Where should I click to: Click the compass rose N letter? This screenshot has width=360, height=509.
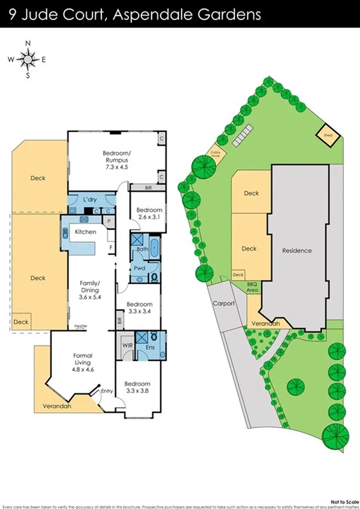click(x=28, y=43)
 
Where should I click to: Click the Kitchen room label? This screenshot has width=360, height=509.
click(x=86, y=231)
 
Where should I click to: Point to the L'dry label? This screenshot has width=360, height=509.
click(x=90, y=199)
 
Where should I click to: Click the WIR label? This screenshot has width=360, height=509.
click(x=127, y=346)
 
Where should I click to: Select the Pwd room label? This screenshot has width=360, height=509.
click(x=139, y=269)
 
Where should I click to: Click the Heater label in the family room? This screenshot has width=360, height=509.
click(x=80, y=326)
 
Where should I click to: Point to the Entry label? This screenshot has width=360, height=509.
click(x=107, y=391)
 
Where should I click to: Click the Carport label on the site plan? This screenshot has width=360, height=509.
click(x=223, y=303)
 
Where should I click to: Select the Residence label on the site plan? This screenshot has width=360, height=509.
click(x=297, y=250)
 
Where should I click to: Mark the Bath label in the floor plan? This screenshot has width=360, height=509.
click(x=142, y=249)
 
